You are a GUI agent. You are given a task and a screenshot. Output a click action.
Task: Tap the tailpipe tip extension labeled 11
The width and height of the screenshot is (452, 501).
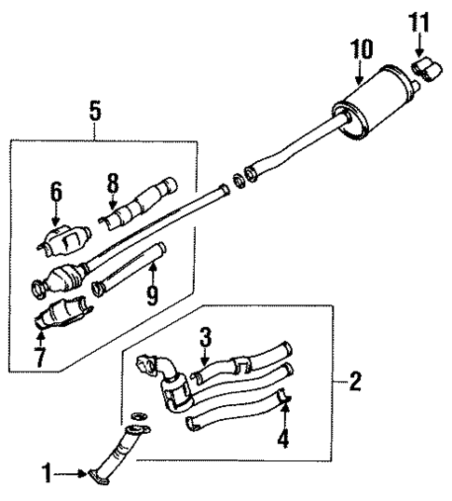[429, 67]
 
